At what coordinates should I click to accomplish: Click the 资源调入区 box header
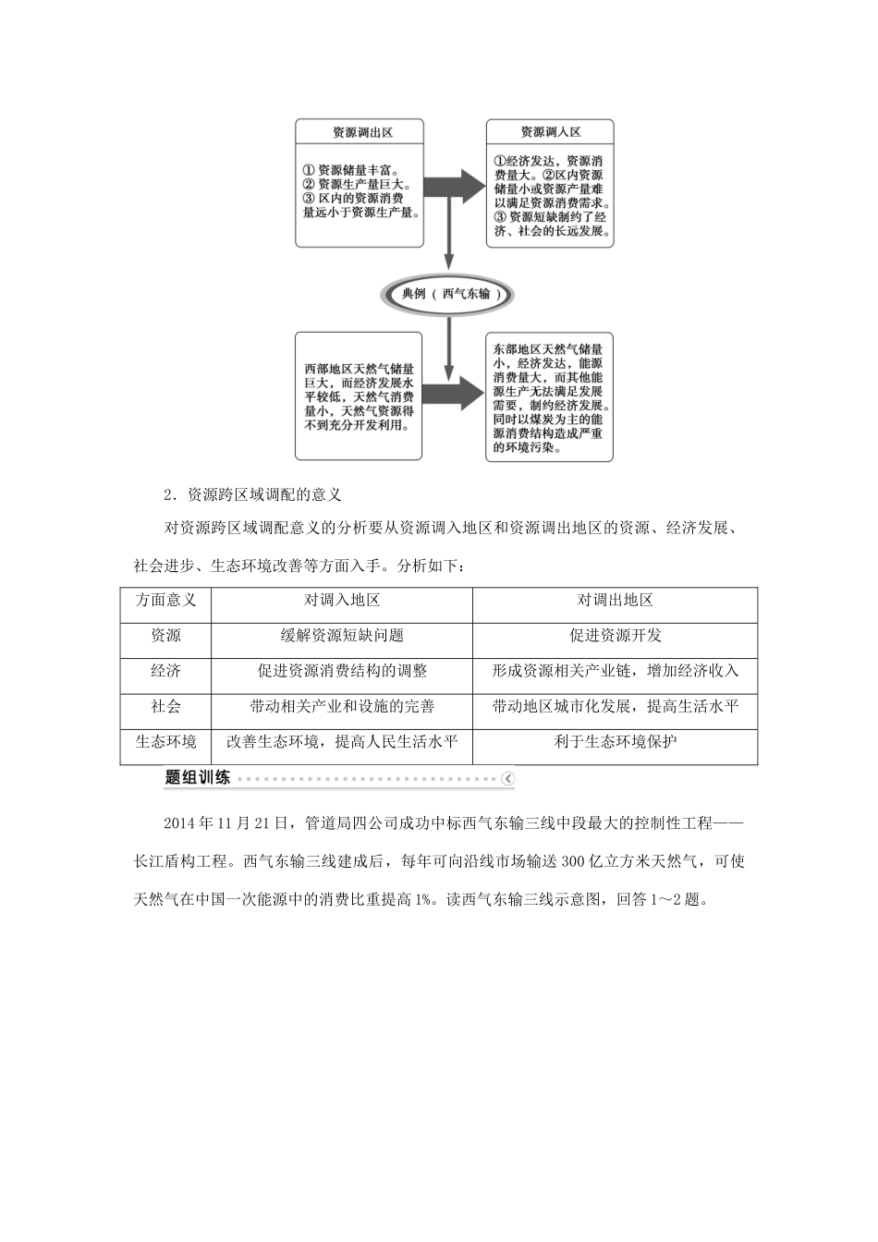(550, 132)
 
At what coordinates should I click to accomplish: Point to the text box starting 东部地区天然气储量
(550, 396)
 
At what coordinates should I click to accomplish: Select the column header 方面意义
(165, 600)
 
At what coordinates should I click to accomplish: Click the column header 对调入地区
(342, 600)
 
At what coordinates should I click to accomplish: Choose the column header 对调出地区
(615, 600)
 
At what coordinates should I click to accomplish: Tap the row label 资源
(165, 636)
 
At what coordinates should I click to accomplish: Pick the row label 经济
(165, 671)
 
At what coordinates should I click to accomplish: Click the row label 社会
(165, 706)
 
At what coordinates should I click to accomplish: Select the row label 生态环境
(165, 741)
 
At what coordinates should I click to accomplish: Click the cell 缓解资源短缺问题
(342, 636)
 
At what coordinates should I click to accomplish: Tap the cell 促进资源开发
(615, 636)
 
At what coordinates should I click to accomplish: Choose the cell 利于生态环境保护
(615, 741)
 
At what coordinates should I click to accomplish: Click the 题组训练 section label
(197, 778)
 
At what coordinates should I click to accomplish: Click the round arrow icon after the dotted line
(507, 779)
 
